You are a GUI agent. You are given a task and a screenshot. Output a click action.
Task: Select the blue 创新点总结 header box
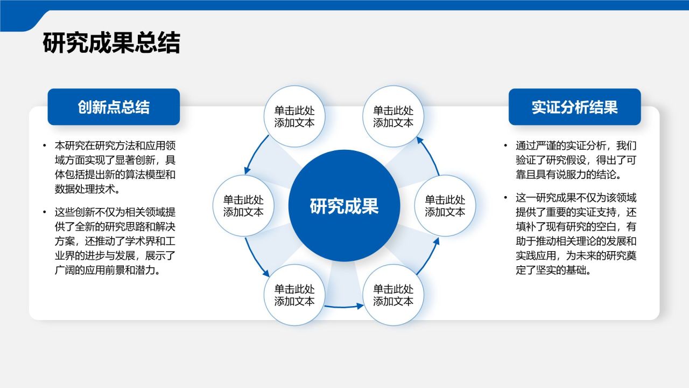click(114, 107)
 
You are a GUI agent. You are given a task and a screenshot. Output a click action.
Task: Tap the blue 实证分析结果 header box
click(574, 107)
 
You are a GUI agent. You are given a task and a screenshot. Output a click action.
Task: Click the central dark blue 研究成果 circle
click(344, 206)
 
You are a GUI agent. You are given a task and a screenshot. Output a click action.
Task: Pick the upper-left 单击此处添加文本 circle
click(294, 116)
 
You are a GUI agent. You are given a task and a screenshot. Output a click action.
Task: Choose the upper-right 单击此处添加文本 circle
click(393, 116)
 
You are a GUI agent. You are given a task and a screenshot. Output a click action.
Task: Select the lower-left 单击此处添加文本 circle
click(294, 295)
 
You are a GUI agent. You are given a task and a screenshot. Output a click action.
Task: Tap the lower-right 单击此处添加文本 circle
click(393, 295)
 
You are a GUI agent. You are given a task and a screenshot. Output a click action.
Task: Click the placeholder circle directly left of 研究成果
click(244, 206)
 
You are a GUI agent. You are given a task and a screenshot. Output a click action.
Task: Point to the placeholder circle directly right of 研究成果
click(445, 206)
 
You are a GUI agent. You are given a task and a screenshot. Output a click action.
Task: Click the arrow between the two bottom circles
click(344, 307)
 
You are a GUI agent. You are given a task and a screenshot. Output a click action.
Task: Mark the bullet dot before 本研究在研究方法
click(45, 145)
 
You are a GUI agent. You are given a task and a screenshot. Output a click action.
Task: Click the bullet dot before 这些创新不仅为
click(45, 212)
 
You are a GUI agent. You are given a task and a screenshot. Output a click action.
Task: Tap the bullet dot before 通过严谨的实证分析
click(505, 145)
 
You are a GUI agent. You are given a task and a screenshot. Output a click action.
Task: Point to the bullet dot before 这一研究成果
click(505, 198)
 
